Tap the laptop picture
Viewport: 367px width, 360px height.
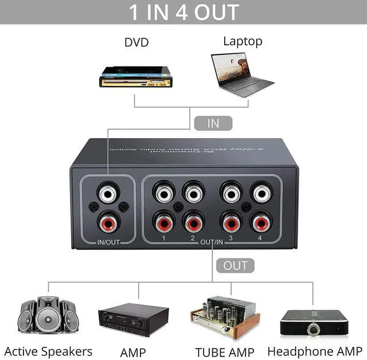[242, 73]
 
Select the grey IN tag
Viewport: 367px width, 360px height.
[213, 123]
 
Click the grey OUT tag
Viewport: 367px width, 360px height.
[235, 265]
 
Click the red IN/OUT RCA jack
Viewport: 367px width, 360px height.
[107, 220]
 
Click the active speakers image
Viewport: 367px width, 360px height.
[48, 318]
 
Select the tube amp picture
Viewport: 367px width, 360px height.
[222, 317]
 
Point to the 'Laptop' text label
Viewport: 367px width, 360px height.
[243, 41]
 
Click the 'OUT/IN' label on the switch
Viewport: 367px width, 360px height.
[212, 242]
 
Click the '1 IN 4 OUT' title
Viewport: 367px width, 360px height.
[183, 12]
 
